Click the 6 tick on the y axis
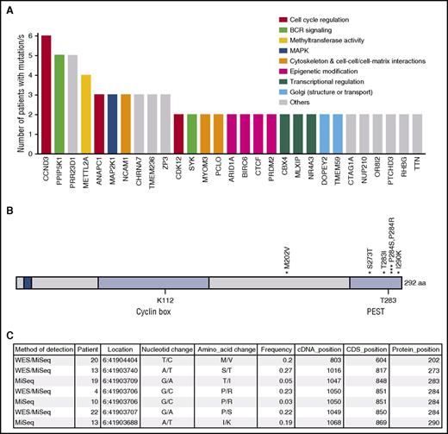coord(33,35)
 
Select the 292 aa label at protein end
coord(418,283)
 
